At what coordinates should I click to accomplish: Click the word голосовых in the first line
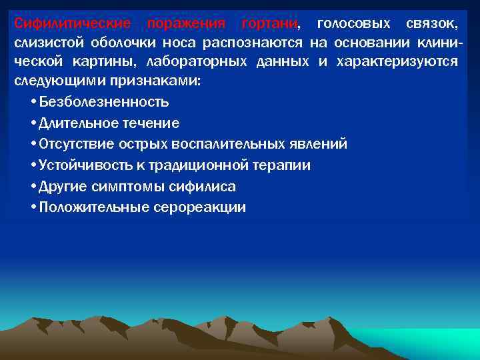coord(351,25)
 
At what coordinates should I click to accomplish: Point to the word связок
coord(431,25)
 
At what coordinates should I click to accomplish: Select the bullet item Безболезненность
coord(104,102)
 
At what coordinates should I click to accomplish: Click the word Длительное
coord(75,123)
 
